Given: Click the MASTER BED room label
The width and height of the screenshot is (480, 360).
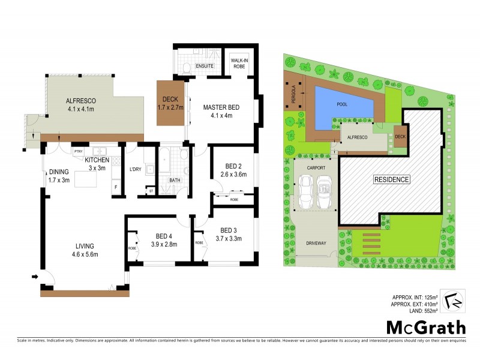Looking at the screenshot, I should pyautogui.click(x=221, y=107).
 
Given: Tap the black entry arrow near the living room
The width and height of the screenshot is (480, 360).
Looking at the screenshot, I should pyautogui.click(x=36, y=277).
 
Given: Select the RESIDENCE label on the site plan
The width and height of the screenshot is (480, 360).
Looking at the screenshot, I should pyautogui.click(x=392, y=179).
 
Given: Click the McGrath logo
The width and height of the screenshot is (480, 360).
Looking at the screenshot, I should pyautogui.click(x=425, y=327).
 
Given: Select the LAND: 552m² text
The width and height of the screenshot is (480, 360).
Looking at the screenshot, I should pyautogui.click(x=419, y=310).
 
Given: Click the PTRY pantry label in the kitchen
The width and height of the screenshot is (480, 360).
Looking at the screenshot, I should pyautogui.click(x=78, y=152).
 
